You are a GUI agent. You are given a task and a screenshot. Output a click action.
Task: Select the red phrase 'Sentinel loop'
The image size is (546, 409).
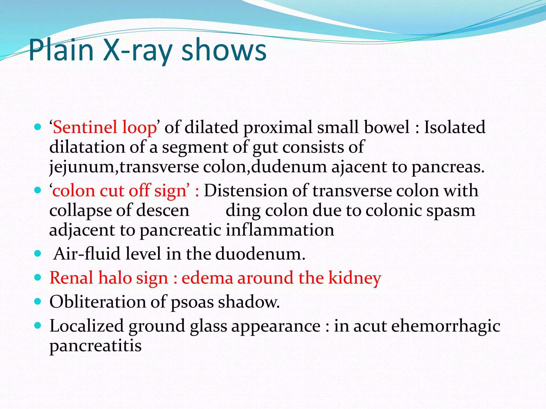tap(105, 127)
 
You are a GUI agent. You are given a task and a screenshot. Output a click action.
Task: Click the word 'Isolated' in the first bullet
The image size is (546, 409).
tap(455, 127)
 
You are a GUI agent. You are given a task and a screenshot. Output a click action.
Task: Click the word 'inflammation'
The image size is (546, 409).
tap(280, 230)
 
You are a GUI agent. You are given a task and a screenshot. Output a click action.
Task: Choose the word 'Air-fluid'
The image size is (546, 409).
tap(87, 253)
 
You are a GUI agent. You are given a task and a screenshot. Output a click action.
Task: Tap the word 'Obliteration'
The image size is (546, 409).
tap(97, 302)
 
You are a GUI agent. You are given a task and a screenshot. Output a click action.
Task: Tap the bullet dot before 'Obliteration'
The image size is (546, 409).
tap(38, 302)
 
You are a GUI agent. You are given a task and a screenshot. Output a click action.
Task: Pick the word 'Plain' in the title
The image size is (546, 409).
tap(61, 50)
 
